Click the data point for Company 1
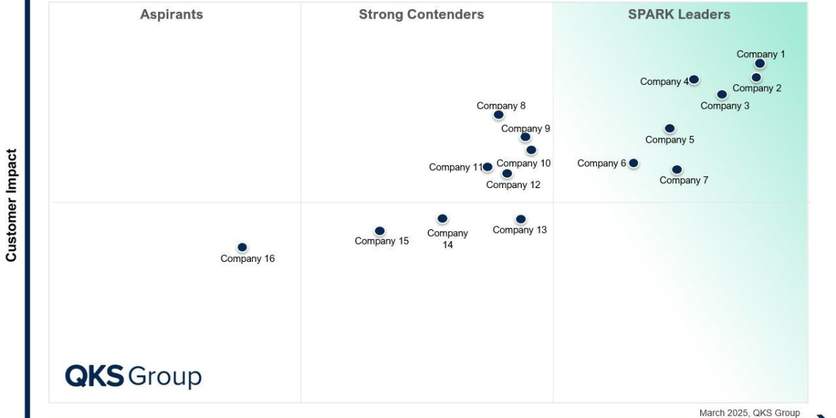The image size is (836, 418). coord(759,63)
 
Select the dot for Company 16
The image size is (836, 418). coord(242,247)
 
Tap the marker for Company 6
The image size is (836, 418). coord(633,163)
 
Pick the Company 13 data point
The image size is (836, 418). coord(520,219)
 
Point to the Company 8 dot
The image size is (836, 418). coord(498,115)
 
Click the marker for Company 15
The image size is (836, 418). coord(380,231)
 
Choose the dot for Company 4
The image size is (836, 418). coord(694,79)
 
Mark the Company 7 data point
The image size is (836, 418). coord(676,169)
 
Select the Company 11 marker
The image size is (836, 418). coord(488,167)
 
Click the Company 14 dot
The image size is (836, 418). coord(442,219)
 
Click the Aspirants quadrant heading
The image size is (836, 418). coord(171,15)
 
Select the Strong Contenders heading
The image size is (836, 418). coord(421,15)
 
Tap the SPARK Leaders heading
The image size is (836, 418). coord(679,15)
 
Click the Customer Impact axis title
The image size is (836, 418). coord(11,205)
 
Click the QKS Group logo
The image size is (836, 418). coord(133,376)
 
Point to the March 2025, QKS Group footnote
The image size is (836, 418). coord(749,412)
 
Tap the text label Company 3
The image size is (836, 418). coord(725,106)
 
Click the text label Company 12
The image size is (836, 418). coord(513,185)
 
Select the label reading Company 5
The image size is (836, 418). coord(669,140)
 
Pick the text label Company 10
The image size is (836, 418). coord(523,164)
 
